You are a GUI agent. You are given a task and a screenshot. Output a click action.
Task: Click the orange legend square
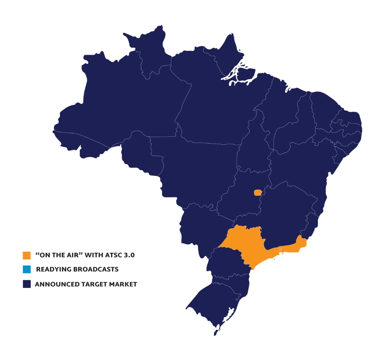click(x=27, y=255)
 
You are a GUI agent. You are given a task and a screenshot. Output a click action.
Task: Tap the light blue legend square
click(x=27, y=270)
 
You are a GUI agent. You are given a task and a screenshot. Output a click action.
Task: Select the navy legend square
click(x=27, y=284)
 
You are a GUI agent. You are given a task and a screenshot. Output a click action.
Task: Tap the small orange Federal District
click(x=257, y=193)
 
